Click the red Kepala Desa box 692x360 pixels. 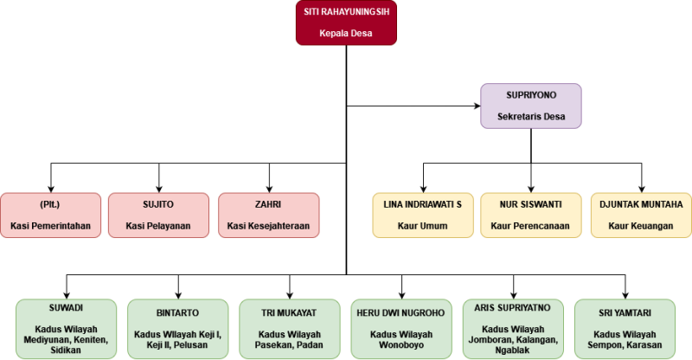tap(346, 22)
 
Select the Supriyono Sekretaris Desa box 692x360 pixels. tap(531, 106)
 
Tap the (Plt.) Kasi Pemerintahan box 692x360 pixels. tap(50, 215)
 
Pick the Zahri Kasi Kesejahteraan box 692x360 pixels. tap(269, 215)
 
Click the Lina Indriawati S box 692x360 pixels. tap(423, 215)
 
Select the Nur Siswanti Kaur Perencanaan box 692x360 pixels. tap(532, 215)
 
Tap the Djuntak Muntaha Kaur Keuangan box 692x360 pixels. tap(641, 215)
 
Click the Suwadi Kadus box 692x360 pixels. tap(66, 329)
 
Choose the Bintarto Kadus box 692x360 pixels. tap(177, 329)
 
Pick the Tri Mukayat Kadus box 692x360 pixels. tap(290, 329)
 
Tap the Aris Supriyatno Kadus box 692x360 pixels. tap(513, 329)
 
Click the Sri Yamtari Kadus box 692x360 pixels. tap(624, 329)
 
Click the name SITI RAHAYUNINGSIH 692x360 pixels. tap(346, 13)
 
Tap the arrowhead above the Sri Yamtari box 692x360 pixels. tap(624, 294)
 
